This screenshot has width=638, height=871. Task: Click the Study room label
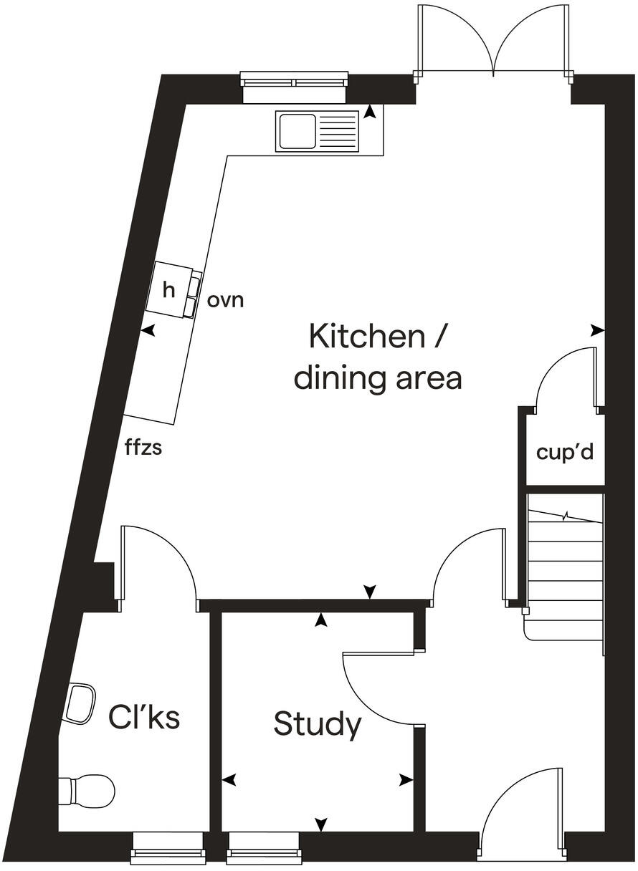tap(317, 725)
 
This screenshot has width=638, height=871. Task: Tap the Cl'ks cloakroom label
tap(144, 717)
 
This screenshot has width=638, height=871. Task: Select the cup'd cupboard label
tap(565, 453)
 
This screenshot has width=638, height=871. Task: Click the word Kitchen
tap(366, 336)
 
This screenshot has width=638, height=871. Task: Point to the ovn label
tap(225, 300)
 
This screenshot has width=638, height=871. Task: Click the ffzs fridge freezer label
tap(143, 449)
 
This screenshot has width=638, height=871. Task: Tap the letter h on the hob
tap(168, 290)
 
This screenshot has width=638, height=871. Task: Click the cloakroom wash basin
tap(81, 703)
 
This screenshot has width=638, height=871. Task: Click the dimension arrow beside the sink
tap(370, 112)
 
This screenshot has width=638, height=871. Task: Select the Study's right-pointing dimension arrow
tap(406, 779)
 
